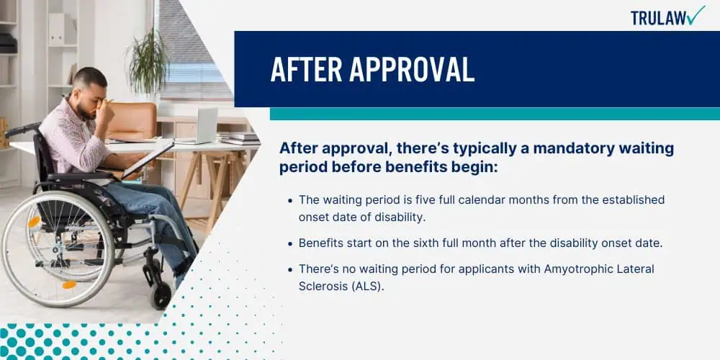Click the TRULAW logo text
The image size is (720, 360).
coord(660,18)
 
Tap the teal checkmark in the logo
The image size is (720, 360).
coord(697,15)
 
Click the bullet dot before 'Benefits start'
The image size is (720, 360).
coord(289,244)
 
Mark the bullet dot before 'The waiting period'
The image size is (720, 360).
coord(289,201)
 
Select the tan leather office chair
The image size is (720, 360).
coord(131,121)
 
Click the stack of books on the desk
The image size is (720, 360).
coord(239,138)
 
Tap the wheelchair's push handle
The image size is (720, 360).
coord(21,130)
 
